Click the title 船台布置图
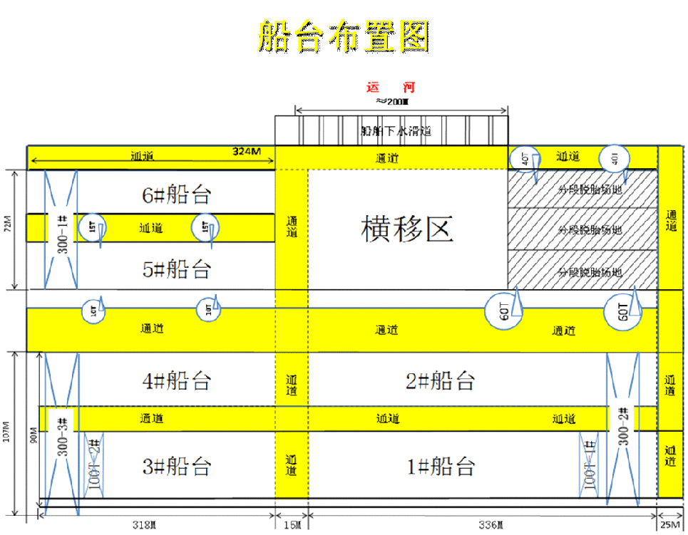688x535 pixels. tap(344, 36)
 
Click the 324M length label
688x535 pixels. tap(247, 152)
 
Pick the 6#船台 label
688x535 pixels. tap(176, 194)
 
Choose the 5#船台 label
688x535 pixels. tap(176, 269)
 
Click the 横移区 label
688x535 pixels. tap(407, 229)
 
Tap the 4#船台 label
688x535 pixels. tap(177, 380)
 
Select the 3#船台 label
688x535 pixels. tap(177, 467)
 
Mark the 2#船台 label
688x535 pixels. tap(440, 380)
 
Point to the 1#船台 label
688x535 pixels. tap(440, 467)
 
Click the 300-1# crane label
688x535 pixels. tap(62, 230)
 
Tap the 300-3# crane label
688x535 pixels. tap(62, 437)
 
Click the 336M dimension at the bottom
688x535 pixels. tap(491, 526)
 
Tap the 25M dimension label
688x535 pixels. tap(669, 526)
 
